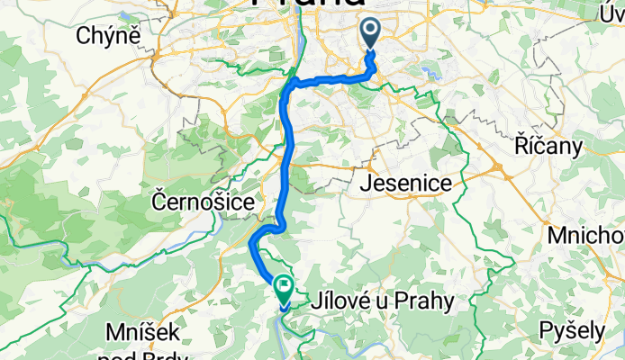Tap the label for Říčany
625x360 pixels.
546,145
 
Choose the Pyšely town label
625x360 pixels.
571,330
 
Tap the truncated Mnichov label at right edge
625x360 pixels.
591,236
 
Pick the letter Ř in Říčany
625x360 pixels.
519,145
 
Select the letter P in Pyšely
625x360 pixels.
546,330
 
